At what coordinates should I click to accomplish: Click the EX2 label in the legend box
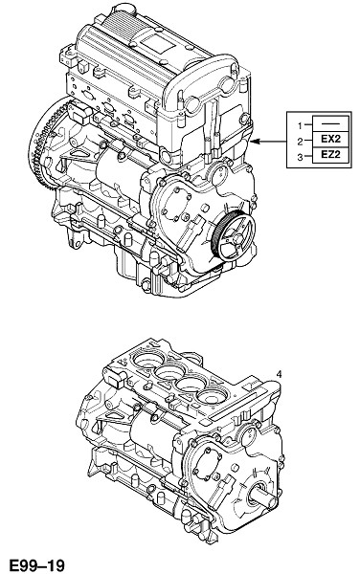click(x=330, y=139)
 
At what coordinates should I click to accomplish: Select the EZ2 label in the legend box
click(x=330, y=154)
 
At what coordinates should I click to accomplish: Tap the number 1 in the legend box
click(x=300, y=126)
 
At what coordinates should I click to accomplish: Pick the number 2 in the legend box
click(x=300, y=142)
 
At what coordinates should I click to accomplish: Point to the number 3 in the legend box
click(x=300, y=158)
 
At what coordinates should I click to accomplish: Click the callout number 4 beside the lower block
click(x=279, y=374)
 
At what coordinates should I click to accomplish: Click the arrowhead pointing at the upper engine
click(x=257, y=141)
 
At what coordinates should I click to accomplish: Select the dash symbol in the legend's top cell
click(x=330, y=124)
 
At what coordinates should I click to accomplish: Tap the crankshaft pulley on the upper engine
click(x=235, y=237)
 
